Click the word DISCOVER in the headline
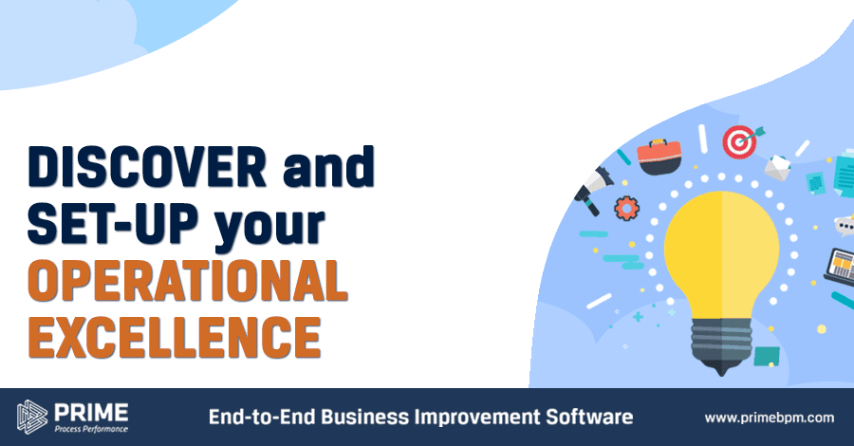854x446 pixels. coord(147,166)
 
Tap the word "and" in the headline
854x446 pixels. coord(329,166)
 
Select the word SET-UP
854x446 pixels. coord(113,223)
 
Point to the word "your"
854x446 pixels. coord(269,228)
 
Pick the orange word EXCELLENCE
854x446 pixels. coord(175,337)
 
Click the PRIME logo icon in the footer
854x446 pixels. coord(32,418)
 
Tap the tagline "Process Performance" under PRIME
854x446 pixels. coord(91,429)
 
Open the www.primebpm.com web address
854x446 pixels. coord(769,418)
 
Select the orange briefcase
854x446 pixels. coord(659,157)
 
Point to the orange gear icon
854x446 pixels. coord(627,208)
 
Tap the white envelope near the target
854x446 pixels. coord(778,167)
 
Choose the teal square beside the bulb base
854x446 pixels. coord(767,356)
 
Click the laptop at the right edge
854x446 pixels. coord(841,266)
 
